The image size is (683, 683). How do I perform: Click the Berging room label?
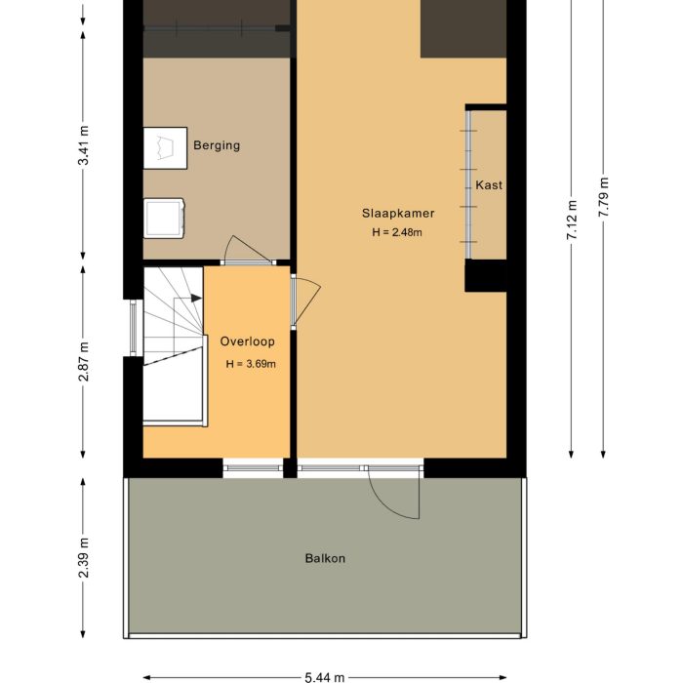click(216, 145)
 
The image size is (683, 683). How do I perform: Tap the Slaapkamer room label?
click(397, 214)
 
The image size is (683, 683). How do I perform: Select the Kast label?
click(489, 184)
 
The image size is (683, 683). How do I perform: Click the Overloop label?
click(247, 341)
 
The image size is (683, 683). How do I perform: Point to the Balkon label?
click(325, 559)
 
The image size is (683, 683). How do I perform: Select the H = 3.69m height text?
click(251, 364)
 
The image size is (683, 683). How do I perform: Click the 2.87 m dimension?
click(83, 361)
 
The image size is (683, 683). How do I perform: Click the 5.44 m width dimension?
click(325, 676)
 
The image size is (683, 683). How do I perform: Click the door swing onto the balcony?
click(395, 493)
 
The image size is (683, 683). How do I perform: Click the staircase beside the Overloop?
click(173, 346)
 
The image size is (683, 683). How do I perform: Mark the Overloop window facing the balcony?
click(253, 469)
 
